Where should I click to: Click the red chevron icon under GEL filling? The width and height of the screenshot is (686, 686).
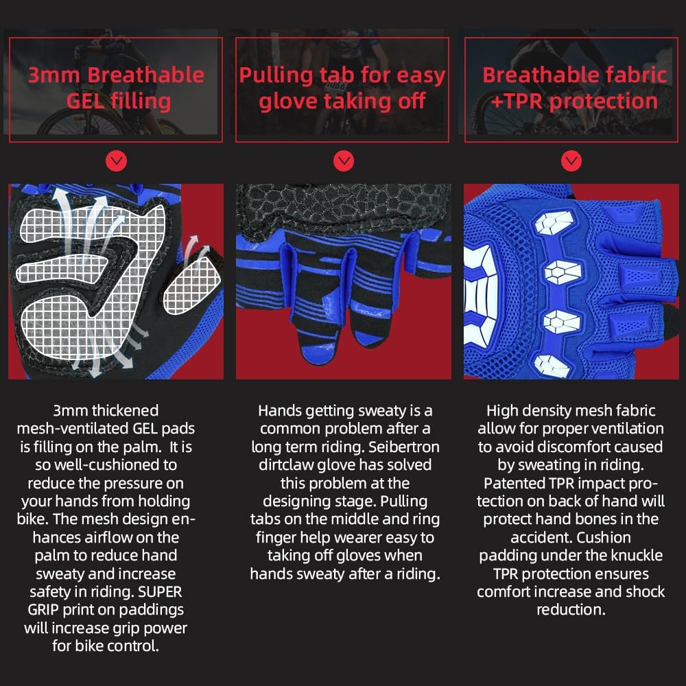[x=117, y=162]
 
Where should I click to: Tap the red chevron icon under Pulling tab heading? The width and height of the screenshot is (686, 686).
[x=343, y=162]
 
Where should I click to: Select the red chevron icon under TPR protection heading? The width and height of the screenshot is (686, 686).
[x=571, y=162]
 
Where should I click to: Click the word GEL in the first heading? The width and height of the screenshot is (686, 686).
[x=86, y=102]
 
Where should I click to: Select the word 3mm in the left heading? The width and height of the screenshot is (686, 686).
[x=54, y=75]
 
